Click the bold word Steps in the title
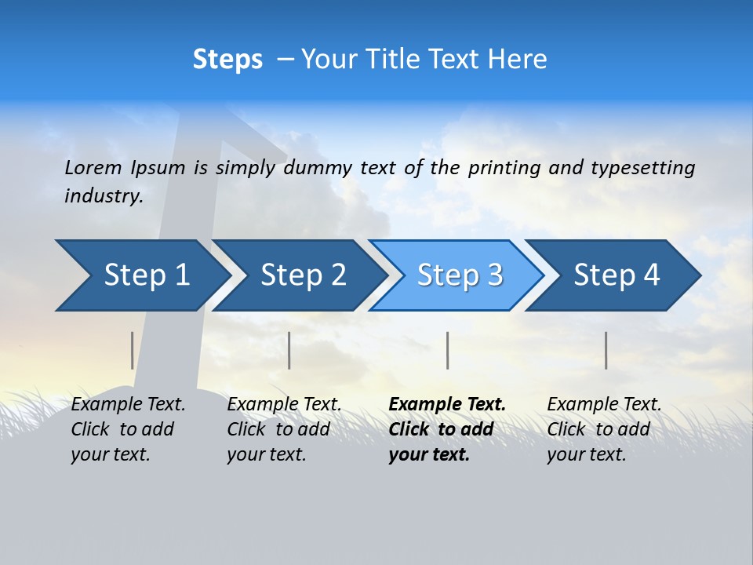pos(227,60)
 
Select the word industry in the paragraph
pos(104,195)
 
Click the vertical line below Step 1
pos(133,350)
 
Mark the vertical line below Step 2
pos(289,350)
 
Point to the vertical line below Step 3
pos(448,350)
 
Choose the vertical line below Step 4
pos(606,350)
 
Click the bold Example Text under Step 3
pos(447,405)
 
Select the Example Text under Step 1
pos(128,405)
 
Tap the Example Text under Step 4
pos(604,405)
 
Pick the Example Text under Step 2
pos(284,405)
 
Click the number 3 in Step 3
pos(494,275)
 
